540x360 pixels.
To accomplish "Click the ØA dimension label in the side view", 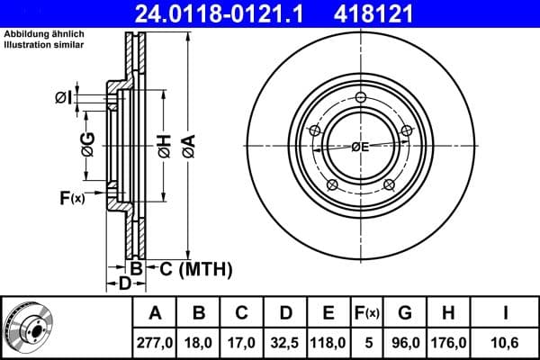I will pyautogui.click(x=188, y=144).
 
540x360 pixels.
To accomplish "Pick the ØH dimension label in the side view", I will pyautogui.click(x=165, y=145).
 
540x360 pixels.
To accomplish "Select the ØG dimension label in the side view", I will pyautogui.click(x=87, y=144).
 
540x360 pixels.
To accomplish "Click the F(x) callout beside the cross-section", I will pyautogui.click(x=71, y=198).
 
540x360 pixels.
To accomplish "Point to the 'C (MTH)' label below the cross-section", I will pyautogui.click(x=195, y=268).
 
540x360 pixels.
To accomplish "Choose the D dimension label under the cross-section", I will pyautogui.click(x=125, y=284).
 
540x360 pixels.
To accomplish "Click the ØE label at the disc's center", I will pyautogui.click(x=360, y=147).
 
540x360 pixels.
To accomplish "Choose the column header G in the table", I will pyautogui.click(x=405, y=313).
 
